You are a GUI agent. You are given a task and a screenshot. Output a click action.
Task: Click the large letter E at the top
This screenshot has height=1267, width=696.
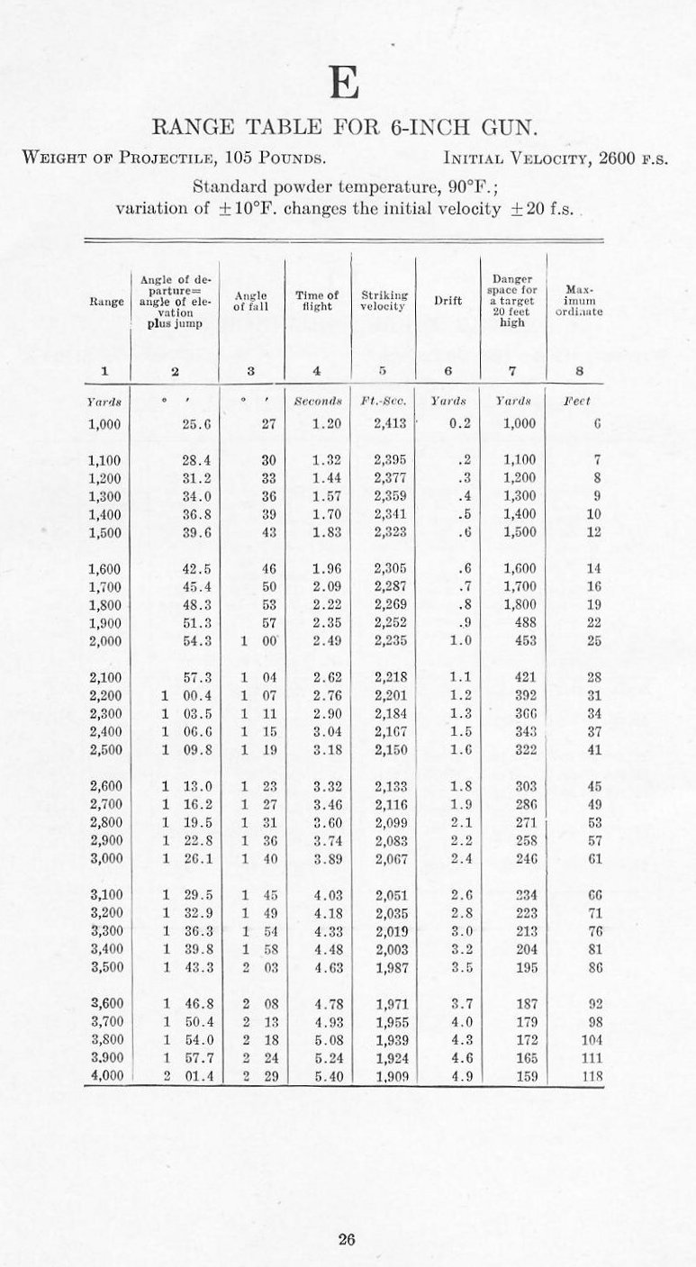point(345,84)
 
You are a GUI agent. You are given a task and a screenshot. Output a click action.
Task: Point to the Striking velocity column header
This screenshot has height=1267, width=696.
point(384,300)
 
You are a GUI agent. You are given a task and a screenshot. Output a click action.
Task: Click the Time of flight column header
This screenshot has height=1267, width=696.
point(317,300)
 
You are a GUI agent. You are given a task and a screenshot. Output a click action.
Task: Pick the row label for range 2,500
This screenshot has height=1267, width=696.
point(107,748)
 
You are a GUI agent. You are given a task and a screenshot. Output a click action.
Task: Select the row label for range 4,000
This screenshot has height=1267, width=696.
point(107,1074)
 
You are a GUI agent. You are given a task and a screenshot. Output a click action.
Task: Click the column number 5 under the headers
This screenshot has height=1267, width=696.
point(383,369)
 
